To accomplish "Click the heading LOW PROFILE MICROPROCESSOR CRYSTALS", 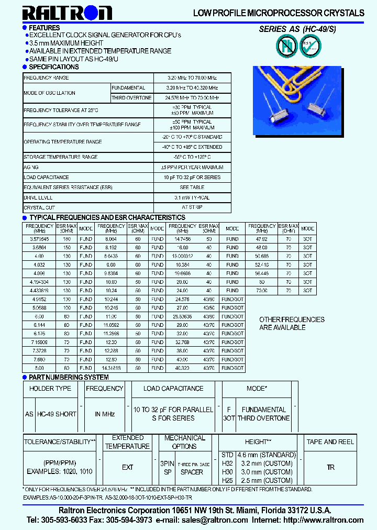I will (279, 13).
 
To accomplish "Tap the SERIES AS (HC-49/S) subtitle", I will (297, 29).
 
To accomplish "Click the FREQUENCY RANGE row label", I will (46, 78).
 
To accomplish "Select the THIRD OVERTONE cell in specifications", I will (131, 98).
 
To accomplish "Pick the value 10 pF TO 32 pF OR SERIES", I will (192, 178).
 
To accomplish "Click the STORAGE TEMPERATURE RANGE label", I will (61, 157).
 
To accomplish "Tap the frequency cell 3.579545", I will (40, 239).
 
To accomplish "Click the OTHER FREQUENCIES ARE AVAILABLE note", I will (292, 324).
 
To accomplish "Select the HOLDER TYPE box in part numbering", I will (50, 389).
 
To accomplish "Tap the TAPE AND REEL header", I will (330, 442).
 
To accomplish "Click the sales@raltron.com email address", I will (215, 520).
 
